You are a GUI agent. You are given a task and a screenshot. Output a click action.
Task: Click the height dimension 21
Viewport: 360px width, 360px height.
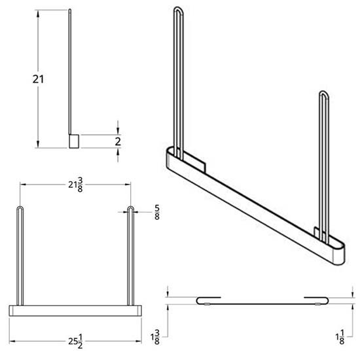coord(22,79)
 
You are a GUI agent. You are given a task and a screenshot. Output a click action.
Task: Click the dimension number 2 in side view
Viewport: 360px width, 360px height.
coord(117,141)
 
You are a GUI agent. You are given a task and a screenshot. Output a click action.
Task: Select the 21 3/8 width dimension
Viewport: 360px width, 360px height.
coord(75,185)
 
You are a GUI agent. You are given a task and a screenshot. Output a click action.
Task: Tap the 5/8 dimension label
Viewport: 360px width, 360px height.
coord(156,211)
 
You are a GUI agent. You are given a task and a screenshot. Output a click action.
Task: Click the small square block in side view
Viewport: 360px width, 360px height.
coord(74,141)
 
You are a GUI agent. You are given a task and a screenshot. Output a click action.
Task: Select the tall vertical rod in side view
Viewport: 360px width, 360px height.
coord(70,72)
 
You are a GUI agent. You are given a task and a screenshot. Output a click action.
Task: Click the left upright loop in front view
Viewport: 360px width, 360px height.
coord(20,255)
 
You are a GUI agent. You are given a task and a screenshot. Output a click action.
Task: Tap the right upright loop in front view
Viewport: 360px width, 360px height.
coord(130,255)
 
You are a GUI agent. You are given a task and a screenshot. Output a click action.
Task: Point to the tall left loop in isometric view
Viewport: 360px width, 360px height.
coord(177,79)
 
